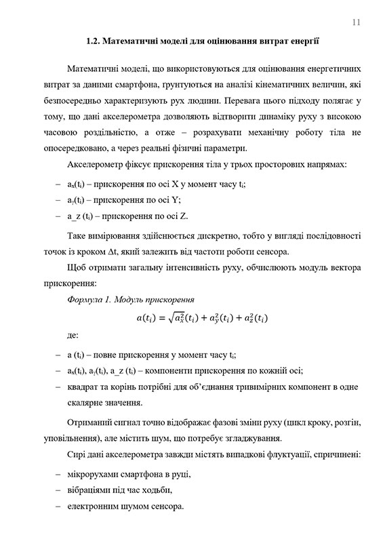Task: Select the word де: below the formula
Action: (x=73, y=335)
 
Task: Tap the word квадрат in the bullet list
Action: (x=83, y=386)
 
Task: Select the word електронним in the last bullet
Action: (x=96, y=507)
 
